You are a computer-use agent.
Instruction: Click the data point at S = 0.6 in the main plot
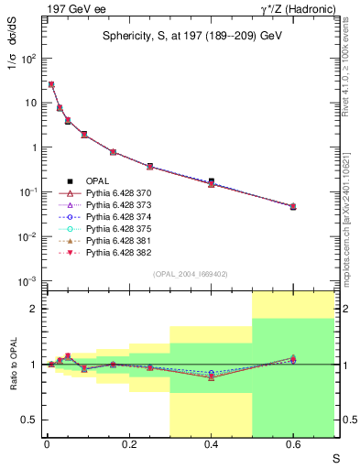click(x=293, y=207)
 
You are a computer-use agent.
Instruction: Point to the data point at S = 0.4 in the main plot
click(x=212, y=182)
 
